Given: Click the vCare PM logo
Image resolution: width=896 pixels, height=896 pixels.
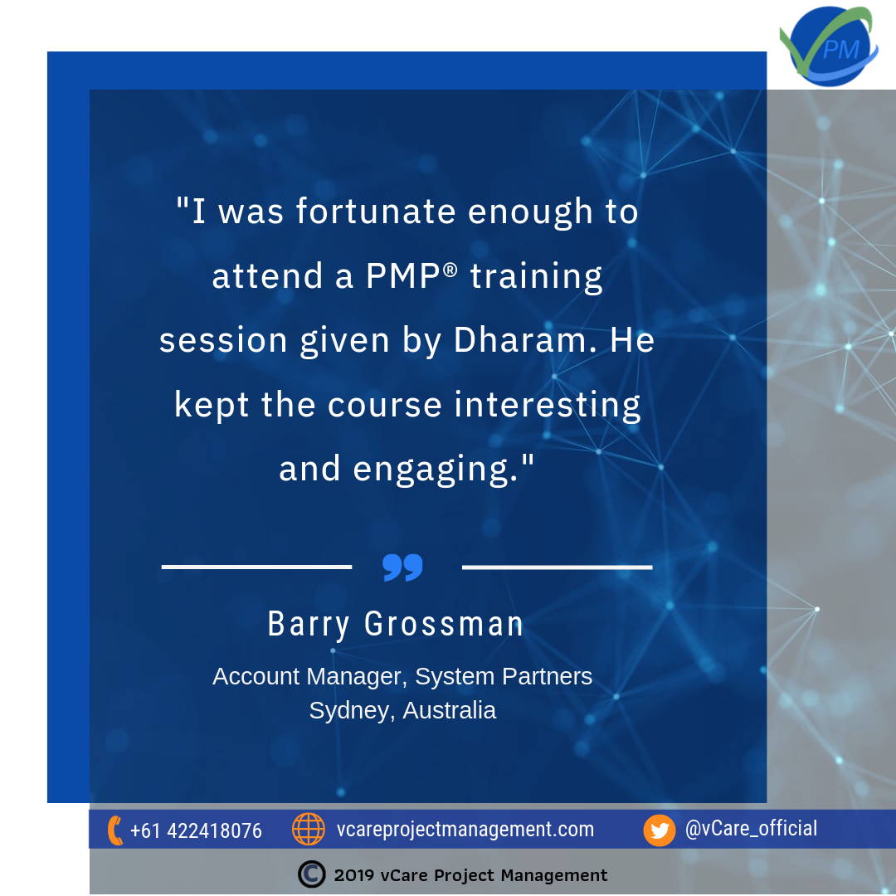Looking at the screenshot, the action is (x=829, y=46).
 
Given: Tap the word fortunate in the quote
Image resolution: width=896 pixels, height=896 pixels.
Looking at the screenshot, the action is (x=376, y=212).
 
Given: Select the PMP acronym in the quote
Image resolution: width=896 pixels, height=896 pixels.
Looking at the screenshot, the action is (x=403, y=275).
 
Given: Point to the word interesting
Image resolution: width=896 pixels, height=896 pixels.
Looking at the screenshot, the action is (x=548, y=406).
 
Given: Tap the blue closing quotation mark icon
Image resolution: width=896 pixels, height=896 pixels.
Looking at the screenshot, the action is (x=403, y=567).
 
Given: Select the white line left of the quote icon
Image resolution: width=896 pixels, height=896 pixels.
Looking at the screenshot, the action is (x=256, y=567).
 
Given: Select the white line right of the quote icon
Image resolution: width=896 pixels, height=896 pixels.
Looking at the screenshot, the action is (x=558, y=567).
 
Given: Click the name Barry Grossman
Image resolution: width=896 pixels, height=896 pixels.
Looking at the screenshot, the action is (x=396, y=624).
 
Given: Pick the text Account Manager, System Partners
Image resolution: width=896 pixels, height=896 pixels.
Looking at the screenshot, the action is (x=402, y=677).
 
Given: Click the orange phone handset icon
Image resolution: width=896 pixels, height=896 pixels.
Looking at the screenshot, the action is (x=114, y=830).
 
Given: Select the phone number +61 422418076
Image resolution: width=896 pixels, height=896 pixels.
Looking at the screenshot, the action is (x=196, y=830).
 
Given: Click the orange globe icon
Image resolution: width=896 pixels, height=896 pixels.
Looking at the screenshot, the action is (x=309, y=829).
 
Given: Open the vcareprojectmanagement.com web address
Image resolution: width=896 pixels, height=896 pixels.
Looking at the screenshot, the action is (x=465, y=829).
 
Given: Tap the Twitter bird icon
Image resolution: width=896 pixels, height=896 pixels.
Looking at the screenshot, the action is (x=660, y=830).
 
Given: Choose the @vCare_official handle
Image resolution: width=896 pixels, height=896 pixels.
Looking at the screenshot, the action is (x=751, y=829).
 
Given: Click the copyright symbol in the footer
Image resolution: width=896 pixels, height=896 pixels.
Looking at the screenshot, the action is (x=311, y=874).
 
